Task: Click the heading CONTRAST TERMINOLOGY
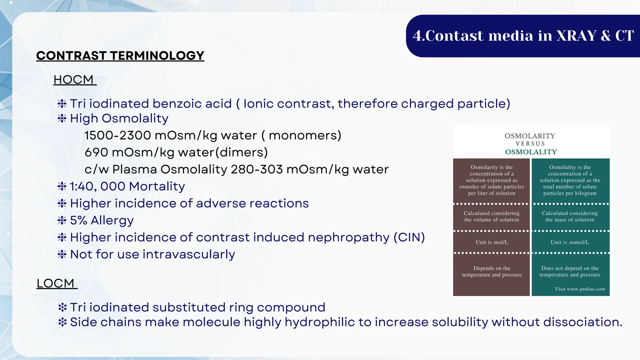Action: coord(120,56)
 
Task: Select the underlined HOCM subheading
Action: coord(73,80)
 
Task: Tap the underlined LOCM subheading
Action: coord(56,283)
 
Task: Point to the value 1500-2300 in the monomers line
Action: coord(118,135)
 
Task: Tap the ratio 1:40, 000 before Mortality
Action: coord(97,187)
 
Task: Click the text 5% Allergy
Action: coord(102,220)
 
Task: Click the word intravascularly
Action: coord(189,254)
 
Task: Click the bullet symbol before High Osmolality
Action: coord(62,118)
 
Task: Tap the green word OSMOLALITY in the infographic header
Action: coord(531,152)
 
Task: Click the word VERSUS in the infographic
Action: coord(530,144)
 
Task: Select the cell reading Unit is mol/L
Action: coord(492,242)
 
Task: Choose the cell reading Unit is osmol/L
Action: coord(570,242)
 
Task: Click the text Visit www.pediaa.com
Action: coord(580,289)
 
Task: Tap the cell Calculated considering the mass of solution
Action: coord(570,216)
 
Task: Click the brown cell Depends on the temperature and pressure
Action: coord(492,271)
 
